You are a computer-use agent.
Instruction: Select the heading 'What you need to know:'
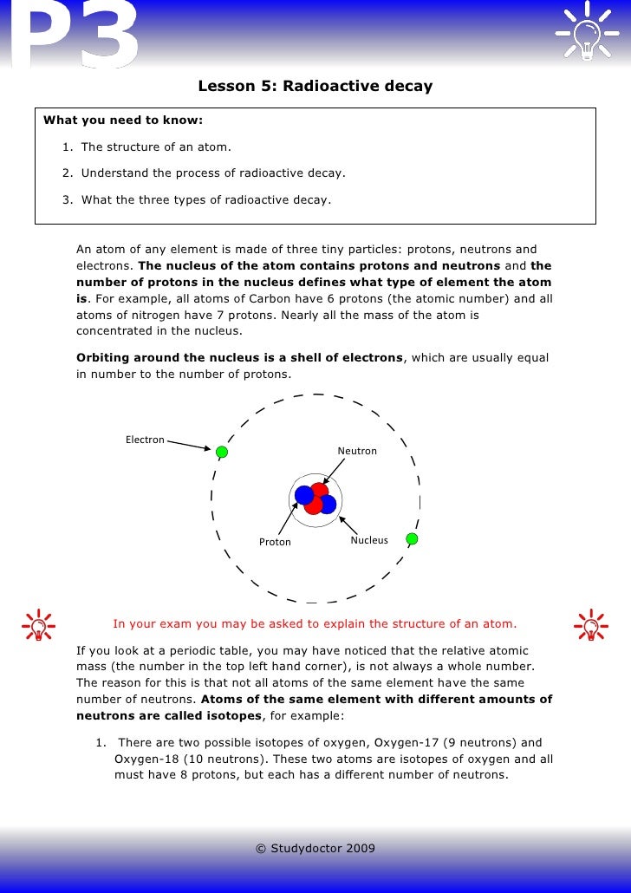(x=123, y=120)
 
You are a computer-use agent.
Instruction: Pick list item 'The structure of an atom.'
(x=156, y=147)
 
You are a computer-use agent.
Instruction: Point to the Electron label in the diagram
(x=145, y=440)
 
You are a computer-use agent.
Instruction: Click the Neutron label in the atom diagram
(x=357, y=451)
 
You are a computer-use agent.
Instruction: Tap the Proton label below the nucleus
(x=275, y=542)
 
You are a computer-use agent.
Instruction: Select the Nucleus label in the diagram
(x=369, y=540)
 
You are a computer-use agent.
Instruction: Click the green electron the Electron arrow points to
(x=222, y=452)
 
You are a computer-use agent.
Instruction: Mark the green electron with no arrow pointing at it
(x=412, y=538)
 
